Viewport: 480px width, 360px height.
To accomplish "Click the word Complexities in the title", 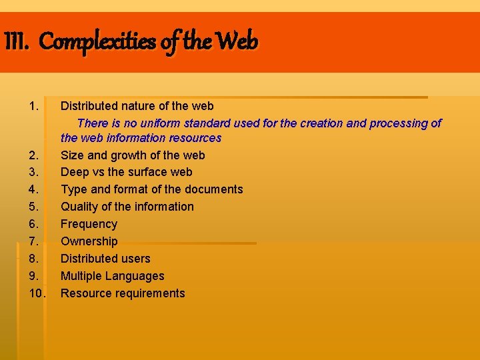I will click(97, 42).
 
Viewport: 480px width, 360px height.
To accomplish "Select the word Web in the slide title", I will click(237, 42).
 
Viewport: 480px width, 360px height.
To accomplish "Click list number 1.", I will click(35, 106).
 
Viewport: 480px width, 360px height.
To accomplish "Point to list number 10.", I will click(37, 293).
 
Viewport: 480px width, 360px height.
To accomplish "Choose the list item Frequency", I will click(89, 224).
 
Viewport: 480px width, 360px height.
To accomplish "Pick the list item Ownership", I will click(89, 241).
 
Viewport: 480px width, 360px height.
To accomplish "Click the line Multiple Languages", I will click(112, 276).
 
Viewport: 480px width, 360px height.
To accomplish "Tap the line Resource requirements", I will click(123, 293).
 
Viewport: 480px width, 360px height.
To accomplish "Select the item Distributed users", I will click(105, 259).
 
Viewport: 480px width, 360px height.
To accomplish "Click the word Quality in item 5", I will click(79, 207).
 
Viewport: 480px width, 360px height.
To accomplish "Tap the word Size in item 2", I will click(72, 155).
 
